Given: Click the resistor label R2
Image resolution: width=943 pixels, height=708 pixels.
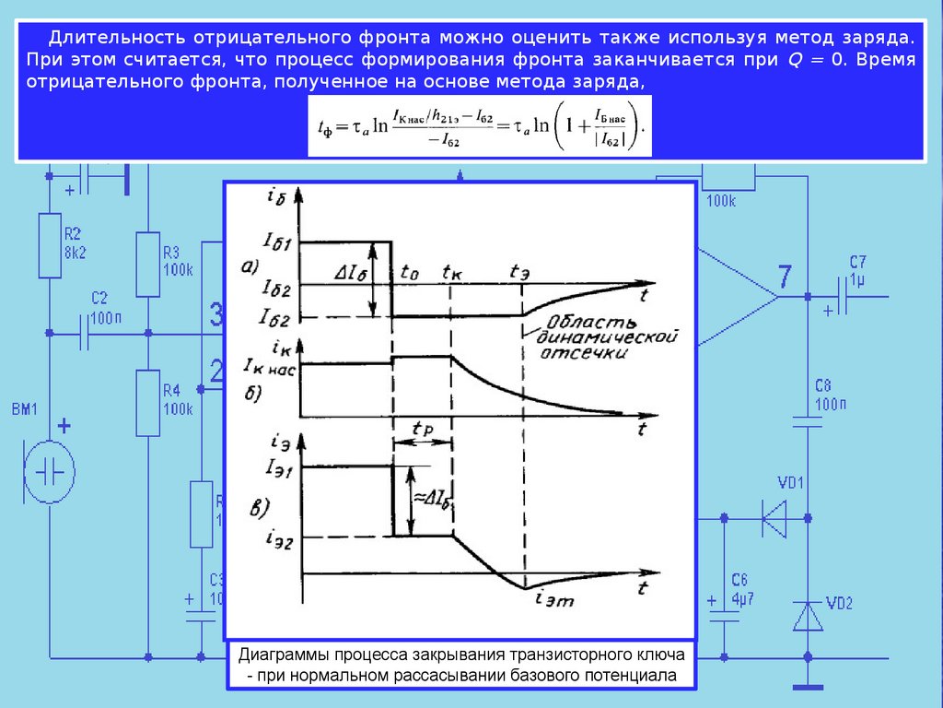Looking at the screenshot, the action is [x=73, y=232].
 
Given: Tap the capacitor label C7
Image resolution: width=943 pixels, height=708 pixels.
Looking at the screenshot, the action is [x=858, y=261].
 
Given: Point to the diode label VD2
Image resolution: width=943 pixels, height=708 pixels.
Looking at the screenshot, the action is [x=839, y=605].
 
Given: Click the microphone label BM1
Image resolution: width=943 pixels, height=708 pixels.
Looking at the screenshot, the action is [x=25, y=408].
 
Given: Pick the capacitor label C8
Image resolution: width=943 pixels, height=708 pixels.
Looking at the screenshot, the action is [x=822, y=385].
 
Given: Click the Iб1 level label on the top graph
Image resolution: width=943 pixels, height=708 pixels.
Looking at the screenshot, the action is [x=277, y=243].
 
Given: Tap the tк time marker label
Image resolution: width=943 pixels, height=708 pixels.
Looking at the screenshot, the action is [x=451, y=273].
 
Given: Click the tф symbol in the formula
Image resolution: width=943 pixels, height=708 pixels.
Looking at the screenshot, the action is [x=322, y=130].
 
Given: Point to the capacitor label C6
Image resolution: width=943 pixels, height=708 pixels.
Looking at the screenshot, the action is [x=739, y=580].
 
